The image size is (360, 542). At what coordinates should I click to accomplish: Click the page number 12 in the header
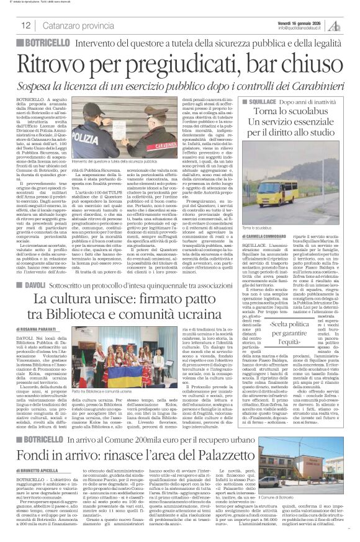coord(26,25)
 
